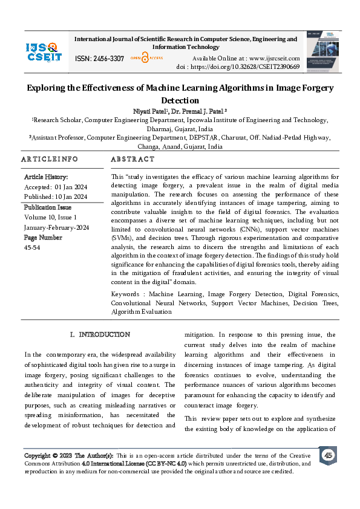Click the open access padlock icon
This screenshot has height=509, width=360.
(145, 58)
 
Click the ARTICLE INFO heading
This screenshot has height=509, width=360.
(50, 159)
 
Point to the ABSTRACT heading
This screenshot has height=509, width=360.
(133, 159)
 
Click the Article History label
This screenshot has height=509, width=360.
(46, 177)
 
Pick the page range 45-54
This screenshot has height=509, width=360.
(32, 247)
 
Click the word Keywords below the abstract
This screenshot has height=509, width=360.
(128, 294)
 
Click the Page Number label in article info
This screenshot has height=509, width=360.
(43, 237)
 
